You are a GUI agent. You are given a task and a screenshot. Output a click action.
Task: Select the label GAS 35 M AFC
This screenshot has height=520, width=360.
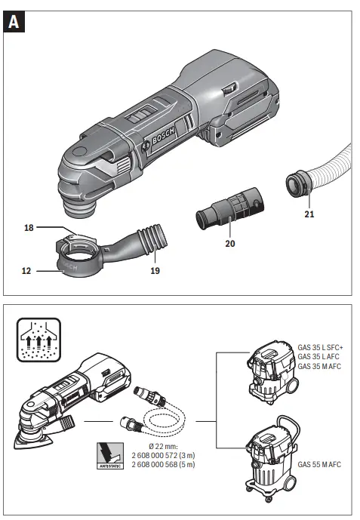click(320, 366)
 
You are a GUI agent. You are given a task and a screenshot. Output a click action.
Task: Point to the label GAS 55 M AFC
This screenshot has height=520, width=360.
click(319, 463)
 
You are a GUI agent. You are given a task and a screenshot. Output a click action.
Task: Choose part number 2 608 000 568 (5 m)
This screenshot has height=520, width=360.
click(162, 466)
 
